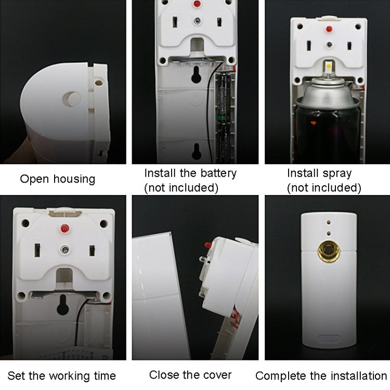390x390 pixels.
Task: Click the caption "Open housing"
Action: click(x=57, y=179)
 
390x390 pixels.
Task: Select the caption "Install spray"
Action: click(x=319, y=173)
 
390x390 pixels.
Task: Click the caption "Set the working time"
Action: click(x=62, y=375)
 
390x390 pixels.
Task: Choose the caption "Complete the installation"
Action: click(x=321, y=375)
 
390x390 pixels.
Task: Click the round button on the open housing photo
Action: click(x=72, y=99)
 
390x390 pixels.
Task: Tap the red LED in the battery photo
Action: click(x=197, y=5)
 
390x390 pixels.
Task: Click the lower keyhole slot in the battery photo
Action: click(x=197, y=152)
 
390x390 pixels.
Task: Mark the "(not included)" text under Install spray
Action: click(x=323, y=188)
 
